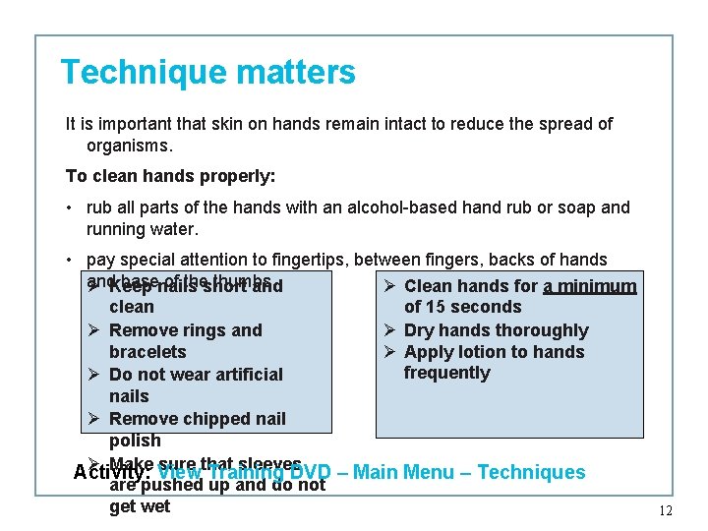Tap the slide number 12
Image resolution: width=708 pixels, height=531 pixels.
(665, 510)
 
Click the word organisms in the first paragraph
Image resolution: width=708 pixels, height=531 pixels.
(128, 146)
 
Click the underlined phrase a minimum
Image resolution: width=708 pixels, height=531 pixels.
(590, 287)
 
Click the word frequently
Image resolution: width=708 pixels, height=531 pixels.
(446, 373)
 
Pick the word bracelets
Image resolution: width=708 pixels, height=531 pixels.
(147, 352)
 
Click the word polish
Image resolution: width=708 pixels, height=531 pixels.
(135, 441)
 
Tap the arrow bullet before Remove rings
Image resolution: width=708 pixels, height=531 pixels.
(94, 330)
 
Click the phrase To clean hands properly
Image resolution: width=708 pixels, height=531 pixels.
(170, 177)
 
